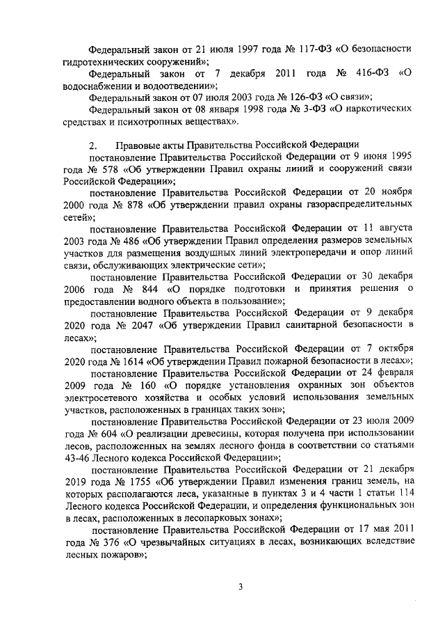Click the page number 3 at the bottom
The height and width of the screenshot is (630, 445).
point(240,586)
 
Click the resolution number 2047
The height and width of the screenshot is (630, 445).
point(145,325)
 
